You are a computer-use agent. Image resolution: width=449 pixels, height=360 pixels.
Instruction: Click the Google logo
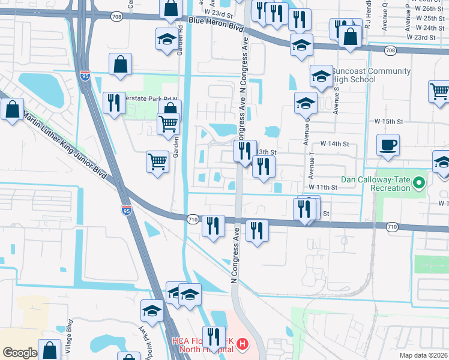click(20, 353)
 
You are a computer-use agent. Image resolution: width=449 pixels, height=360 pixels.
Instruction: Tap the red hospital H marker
click(242, 344)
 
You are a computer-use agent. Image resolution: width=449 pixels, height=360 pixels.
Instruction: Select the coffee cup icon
click(388, 145)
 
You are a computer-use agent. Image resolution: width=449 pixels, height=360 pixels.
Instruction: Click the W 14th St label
click(334, 144)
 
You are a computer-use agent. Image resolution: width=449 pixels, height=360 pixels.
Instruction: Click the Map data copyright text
click(423, 355)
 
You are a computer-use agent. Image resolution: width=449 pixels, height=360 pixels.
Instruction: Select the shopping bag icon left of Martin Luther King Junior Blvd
click(12, 110)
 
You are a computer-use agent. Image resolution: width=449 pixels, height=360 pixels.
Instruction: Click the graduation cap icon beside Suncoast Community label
click(321, 76)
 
